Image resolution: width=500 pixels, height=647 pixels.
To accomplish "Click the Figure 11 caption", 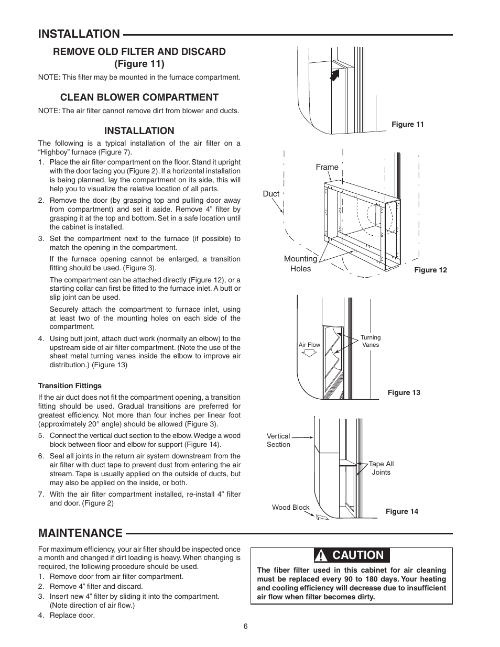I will (407, 124).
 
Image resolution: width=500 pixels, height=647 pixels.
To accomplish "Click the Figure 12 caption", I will (430, 270).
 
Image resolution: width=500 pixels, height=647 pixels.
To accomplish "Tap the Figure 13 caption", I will (404, 392).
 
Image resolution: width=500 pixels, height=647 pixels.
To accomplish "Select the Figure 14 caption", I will (401, 511).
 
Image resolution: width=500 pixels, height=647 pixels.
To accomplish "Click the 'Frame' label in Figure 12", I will (327, 167).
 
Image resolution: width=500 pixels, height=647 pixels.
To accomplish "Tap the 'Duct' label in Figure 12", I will (271, 194).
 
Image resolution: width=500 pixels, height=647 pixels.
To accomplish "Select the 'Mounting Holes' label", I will (300, 264).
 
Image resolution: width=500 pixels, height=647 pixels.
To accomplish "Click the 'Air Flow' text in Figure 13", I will (309, 345).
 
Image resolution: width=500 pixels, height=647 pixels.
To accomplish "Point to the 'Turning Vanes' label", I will (371, 341).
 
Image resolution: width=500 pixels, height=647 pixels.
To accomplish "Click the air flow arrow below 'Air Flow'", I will (310, 353).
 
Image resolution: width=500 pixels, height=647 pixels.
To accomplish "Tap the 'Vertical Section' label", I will (278, 440).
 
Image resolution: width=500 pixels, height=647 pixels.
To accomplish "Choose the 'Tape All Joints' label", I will (381, 468).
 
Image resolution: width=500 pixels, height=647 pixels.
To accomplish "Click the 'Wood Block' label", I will (290, 507).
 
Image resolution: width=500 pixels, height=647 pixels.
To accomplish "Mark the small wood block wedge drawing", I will (322, 517).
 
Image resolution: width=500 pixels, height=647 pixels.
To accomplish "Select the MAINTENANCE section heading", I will (80, 533).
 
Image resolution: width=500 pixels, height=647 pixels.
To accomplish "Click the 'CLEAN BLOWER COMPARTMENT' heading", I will (139, 97).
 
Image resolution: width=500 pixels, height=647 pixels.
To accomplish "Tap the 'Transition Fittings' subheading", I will (70, 386).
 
